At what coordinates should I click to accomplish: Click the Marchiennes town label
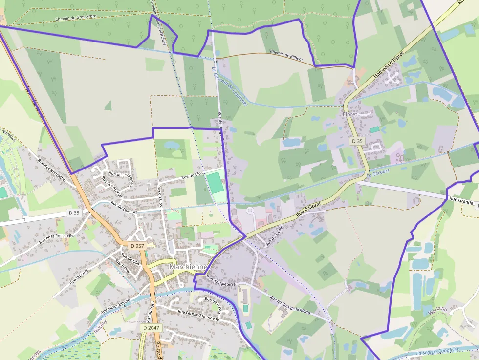coord(189,267)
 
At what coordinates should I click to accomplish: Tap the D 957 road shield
coord(137,246)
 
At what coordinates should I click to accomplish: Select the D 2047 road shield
coord(152,327)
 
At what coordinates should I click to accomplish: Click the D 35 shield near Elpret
coord(357,141)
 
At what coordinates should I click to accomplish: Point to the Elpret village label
coord(350,114)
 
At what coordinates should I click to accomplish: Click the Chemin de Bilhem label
coord(286,55)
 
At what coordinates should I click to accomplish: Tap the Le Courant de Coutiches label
coord(230,87)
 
